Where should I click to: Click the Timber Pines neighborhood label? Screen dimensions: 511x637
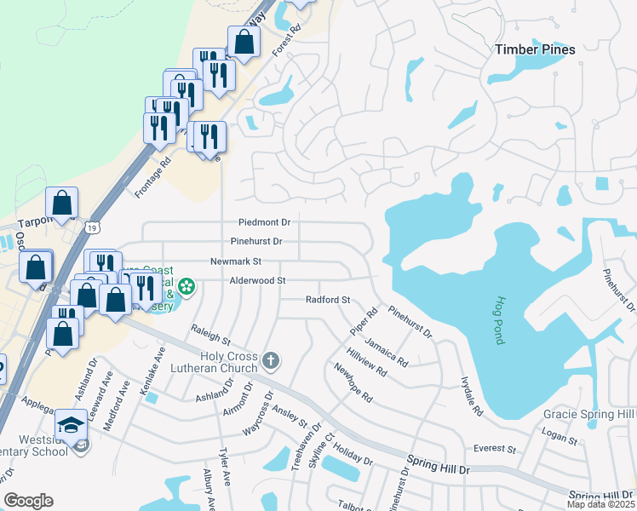535,49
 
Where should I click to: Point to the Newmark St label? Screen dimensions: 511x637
236,261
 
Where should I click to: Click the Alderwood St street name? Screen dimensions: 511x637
256,280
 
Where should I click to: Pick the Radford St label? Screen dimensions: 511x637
328,300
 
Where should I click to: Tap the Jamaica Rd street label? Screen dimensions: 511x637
386,351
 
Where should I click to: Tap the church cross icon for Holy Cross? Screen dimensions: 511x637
271,360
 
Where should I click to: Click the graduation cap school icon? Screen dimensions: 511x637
72,424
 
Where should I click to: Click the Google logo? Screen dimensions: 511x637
28,501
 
